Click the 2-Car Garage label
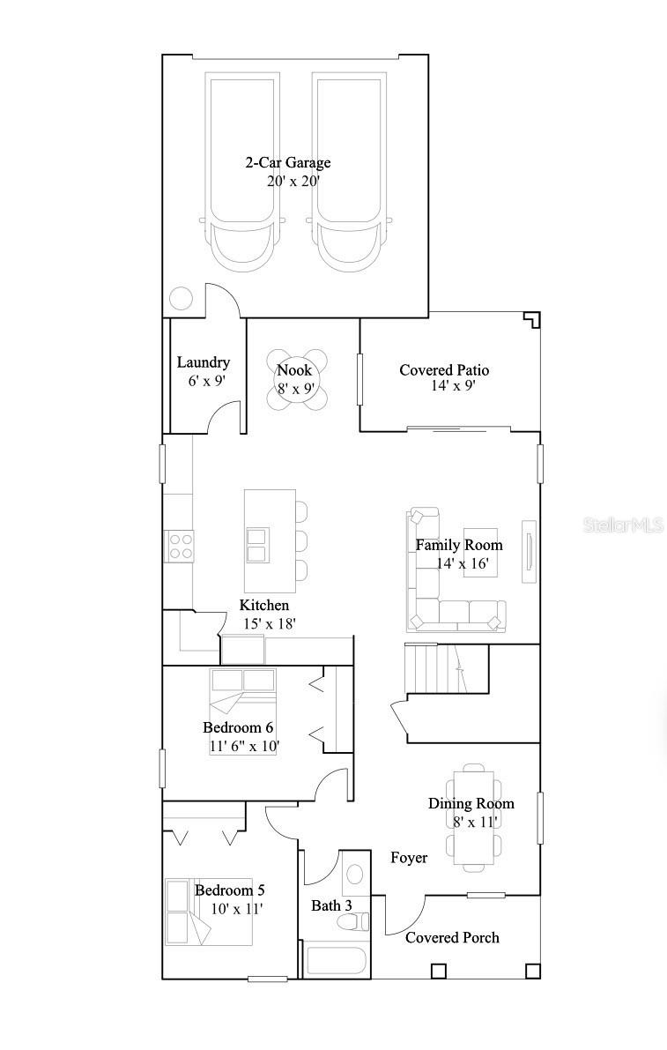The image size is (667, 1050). click(287, 162)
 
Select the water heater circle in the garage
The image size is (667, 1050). click(181, 298)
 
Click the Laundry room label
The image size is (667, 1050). click(203, 362)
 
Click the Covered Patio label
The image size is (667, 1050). click(444, 370)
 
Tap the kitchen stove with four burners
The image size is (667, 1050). click(180, 547)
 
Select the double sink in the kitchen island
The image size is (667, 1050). click(258, 545)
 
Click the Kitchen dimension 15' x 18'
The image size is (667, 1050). click(269, 623)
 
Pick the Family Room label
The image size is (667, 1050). click(459, 545)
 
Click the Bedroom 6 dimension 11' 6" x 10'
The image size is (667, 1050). click(244, 746)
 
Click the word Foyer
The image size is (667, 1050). click(409, 858)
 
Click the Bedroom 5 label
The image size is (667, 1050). click(229, 890)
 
